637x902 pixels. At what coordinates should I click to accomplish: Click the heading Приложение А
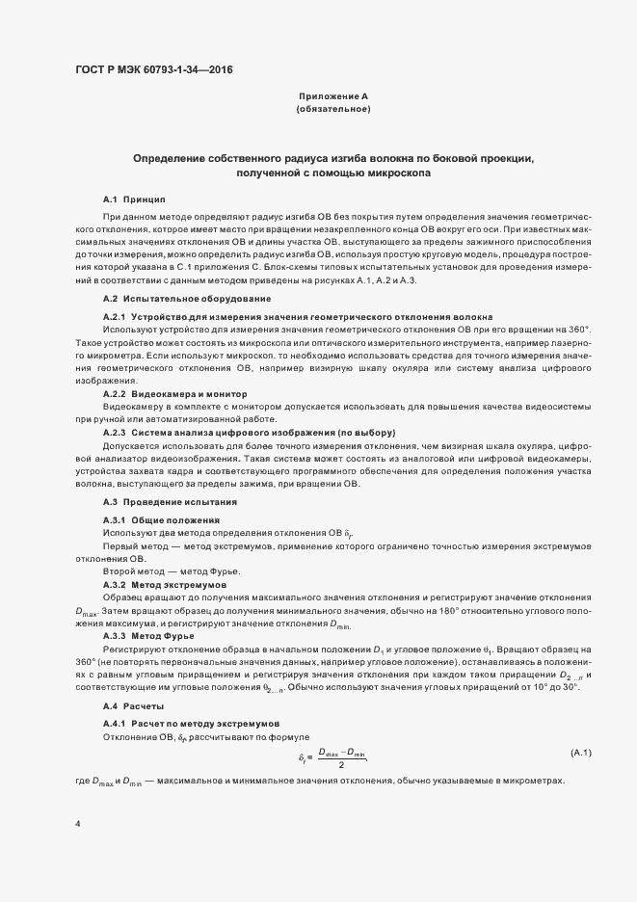click(332, 97)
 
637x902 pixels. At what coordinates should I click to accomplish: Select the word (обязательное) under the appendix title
click(332, 110)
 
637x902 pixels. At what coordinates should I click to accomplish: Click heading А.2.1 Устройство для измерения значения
click(298, 316)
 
